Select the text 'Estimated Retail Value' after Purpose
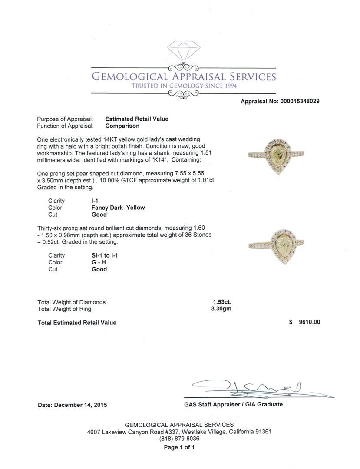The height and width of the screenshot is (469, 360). click(137, 119)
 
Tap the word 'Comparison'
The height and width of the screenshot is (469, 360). click(122, 126)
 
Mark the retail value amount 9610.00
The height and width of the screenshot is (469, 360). click(309, 322)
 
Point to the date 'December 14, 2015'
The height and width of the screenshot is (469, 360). click(80, 405)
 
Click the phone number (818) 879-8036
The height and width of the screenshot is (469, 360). click(179, 439)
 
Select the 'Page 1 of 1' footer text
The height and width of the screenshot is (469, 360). click(179, 447)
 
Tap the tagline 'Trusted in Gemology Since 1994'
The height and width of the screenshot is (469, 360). click(184, 86)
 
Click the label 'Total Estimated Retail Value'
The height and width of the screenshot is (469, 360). click(77, 323)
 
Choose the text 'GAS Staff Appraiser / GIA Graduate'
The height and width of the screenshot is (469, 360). click(233, 404)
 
